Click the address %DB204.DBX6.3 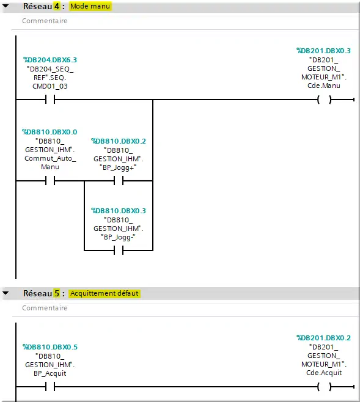[50, 60]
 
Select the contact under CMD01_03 [50, 100]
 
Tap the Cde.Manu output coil [325, 100]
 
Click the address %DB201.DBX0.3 [323, 51]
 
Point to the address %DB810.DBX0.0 [50, 132]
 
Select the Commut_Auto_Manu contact [50, 181]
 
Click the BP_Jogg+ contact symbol [119, 181]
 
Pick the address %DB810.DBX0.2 [119, 141]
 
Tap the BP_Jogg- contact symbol [119, 250]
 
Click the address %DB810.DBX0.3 [119, 211]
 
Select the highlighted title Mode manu [90, 6]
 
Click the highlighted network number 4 [57, 6]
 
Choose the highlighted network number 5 [57, 293]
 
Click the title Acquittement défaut [105, 293]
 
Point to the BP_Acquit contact [50, 387]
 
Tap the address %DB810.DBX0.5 [50, 347]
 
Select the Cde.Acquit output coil [325, 387]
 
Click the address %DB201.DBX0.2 [323, 338]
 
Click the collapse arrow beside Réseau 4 [6, 5]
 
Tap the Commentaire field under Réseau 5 [45, 308]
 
